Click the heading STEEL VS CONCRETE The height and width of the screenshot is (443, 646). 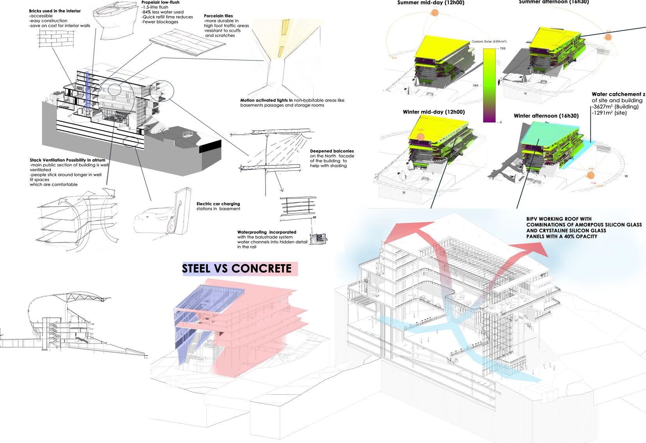pyautogui.click(x=237, y=269)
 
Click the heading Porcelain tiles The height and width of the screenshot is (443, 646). pyautogui.click(x=218, y=16)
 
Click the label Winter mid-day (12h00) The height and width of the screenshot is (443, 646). pyautogui.click(x=434, y=112)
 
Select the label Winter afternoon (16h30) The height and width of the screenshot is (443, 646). pyautogui.click(x=546, y=116)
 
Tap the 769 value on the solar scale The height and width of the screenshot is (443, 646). pyautogui.click(x=502, y=48)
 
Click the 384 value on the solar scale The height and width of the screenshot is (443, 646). pyautogui.click(x=476, y=85)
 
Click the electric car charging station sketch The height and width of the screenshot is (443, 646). pyautogui.click(x=179, y=213)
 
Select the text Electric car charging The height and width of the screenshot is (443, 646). pyautogui.click(x=218, y=204)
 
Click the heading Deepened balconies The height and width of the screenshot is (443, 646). pyautogui.click(x=332, y=151)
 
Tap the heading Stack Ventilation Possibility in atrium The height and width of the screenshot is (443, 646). pyautogui.click(x=67, y=160)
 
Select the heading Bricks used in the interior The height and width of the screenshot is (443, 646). pyautogui.click(x=55, y=11)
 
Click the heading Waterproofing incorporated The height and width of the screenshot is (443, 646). pyautogui.click(x=266, y=232)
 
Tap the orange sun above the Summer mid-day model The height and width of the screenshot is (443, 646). pyautogui.click(x=435, y=13)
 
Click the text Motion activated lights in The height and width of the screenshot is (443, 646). pyautogui.click(x=266, y=100)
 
